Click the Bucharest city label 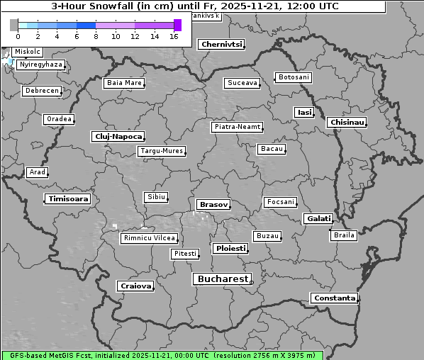tap(223, 279)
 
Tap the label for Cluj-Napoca tap(118, 136)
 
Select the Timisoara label tap(68, 199)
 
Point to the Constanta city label tap(334, 298)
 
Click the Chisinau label tap(347, 123)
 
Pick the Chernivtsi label tap(221, 44)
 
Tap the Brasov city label tap(213, 204)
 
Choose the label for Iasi tap(304, 112)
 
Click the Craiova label tap(135, 286)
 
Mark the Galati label tap(318, 219)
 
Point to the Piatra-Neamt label tap(237, 127)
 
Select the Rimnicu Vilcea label tap(148, 238)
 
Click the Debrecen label tap(41, 91)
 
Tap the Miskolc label tap(28, 52)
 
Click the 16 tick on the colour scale tap(174, 36)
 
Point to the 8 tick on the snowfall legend tap(96, 36)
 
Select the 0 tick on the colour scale tap(18, 36)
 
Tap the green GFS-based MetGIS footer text tap(162, 355)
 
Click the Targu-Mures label tap(162, 151)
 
